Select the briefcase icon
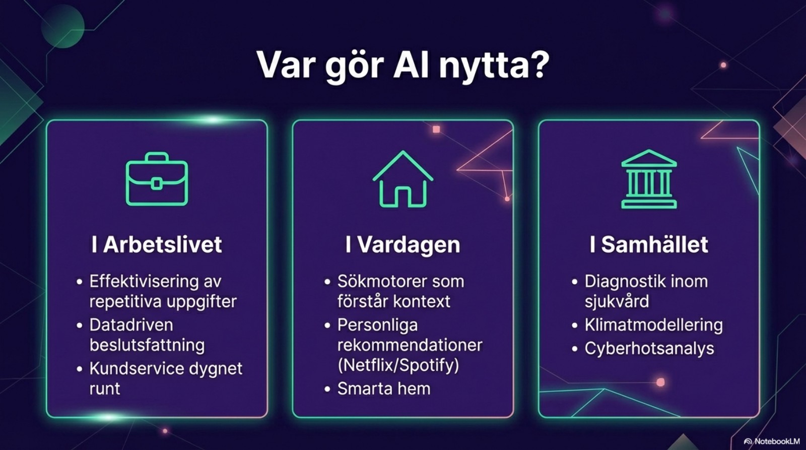pyautogui.click(x=157, y=179)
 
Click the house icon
pyautogui.click(x=402, y=179)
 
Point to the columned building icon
pyautogui.click(x=649, y=179)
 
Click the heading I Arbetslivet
pyautogui.click(x=157, y=245)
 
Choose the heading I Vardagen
pyautogui.click(x=402, y=245)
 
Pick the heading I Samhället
pyautogui.click(x=649, y=245)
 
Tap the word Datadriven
pyautogui.click(x=131, y=325)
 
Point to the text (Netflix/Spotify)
pyautogui.click(x=398, y=365)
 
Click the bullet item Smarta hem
pyautogui.click(x=383, y=389)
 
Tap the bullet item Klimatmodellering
pyautogui.click(x=653, y=325)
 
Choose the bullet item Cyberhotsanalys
pyautogui.click(x=649, y=348)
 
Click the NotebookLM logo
pyautogui.click(x=772, y=441)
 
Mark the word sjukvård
pyautogui.click(x=617, y=301)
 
